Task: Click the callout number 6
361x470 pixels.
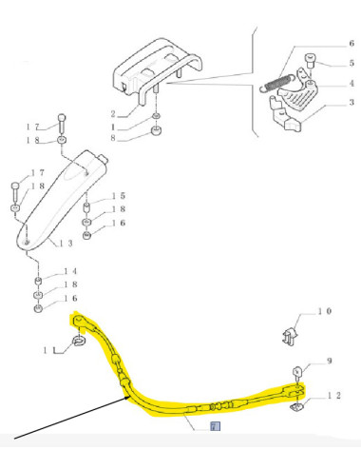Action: [351, 44]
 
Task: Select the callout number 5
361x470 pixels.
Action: [351, 64]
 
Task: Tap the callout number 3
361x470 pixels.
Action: [351, 102]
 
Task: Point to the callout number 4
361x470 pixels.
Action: [351, 84]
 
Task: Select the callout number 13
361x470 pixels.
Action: [67, 245]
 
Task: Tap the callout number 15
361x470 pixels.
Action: [121, 196]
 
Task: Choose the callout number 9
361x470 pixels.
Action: [328, 362]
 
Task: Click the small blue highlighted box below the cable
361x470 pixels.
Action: [214, 426]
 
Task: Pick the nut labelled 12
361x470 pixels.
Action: [295, 407]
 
